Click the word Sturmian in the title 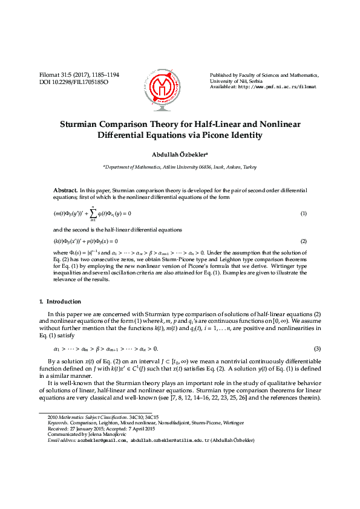coord(82,124)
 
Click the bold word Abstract coord(65,190)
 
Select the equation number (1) coord(304,214)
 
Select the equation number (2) coord(304,241)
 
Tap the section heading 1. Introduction coord(60,302)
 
